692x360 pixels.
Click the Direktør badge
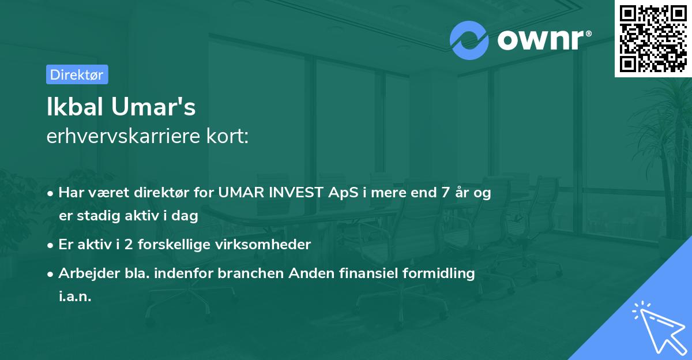[x=77, y=74]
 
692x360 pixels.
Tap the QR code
[x=653, y=38]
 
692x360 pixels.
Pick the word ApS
[x=341, y=193]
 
